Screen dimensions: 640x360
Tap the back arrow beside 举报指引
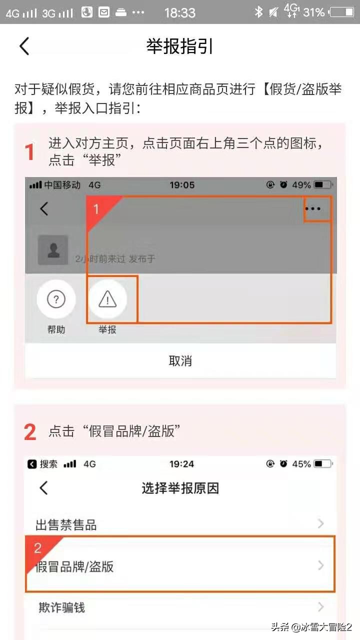(24, 46)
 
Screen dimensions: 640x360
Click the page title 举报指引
(180, 46)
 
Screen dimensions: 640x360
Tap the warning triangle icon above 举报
(107, 299)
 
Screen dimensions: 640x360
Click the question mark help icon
(56, 299)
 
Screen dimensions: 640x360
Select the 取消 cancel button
(180, 361)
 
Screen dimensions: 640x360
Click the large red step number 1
(30, 152)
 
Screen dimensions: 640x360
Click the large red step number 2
(30, 432)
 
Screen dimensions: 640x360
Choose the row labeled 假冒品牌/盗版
(180, 566)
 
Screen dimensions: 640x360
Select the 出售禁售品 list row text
(66, 525)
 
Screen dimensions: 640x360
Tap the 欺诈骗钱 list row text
(62, 607)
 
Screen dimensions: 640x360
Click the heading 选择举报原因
(180, 488)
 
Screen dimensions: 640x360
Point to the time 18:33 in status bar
(180, 12)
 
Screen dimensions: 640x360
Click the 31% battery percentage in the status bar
(313, 12)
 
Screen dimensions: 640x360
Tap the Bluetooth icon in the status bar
(258, 12)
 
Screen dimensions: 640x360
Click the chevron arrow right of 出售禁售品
(321, 524)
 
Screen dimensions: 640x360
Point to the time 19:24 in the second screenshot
(181, 464)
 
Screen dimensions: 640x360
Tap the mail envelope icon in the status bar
(104, 12)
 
